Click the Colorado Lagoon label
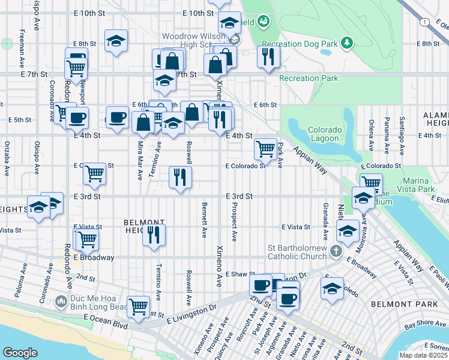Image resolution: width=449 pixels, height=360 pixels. [324, 134]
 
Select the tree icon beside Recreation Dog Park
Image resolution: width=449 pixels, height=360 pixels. [346, 43]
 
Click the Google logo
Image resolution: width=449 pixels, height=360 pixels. [20, 352]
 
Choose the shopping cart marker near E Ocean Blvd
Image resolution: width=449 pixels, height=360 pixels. [138, 306]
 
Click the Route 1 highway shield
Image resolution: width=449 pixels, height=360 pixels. [425, 22]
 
